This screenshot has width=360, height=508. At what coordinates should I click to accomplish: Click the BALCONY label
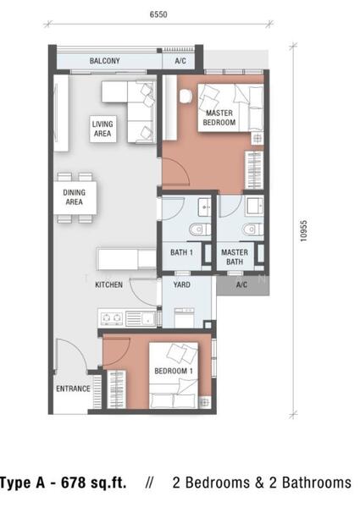105,61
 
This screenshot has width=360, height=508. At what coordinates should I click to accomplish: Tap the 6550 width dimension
158,14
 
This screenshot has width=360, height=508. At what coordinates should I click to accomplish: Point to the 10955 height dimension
303,231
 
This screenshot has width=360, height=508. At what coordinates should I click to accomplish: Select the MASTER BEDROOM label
219,118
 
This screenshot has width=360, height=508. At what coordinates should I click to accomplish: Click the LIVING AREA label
102,129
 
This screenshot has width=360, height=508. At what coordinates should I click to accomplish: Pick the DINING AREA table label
75,197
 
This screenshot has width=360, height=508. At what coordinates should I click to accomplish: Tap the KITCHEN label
109,284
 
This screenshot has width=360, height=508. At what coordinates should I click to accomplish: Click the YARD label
181,284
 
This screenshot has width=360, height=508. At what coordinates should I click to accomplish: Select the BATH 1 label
181,252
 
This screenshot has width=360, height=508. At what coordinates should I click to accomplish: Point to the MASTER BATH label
235,257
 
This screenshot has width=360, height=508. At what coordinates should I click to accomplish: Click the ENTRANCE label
73,389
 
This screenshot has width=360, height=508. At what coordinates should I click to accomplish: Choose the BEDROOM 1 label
174,371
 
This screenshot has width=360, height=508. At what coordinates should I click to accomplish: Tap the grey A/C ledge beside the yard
242,285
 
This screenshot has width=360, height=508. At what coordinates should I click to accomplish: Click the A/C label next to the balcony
180,61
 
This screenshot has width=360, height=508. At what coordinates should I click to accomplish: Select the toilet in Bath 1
199,229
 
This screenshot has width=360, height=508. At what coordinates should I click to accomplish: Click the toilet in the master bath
252,229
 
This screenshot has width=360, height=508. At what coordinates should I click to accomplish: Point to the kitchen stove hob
112,318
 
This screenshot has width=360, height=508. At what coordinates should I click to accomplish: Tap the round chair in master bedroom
186,96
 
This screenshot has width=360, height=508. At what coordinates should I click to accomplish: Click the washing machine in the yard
185,317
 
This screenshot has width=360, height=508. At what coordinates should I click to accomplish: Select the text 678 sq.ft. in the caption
94,483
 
